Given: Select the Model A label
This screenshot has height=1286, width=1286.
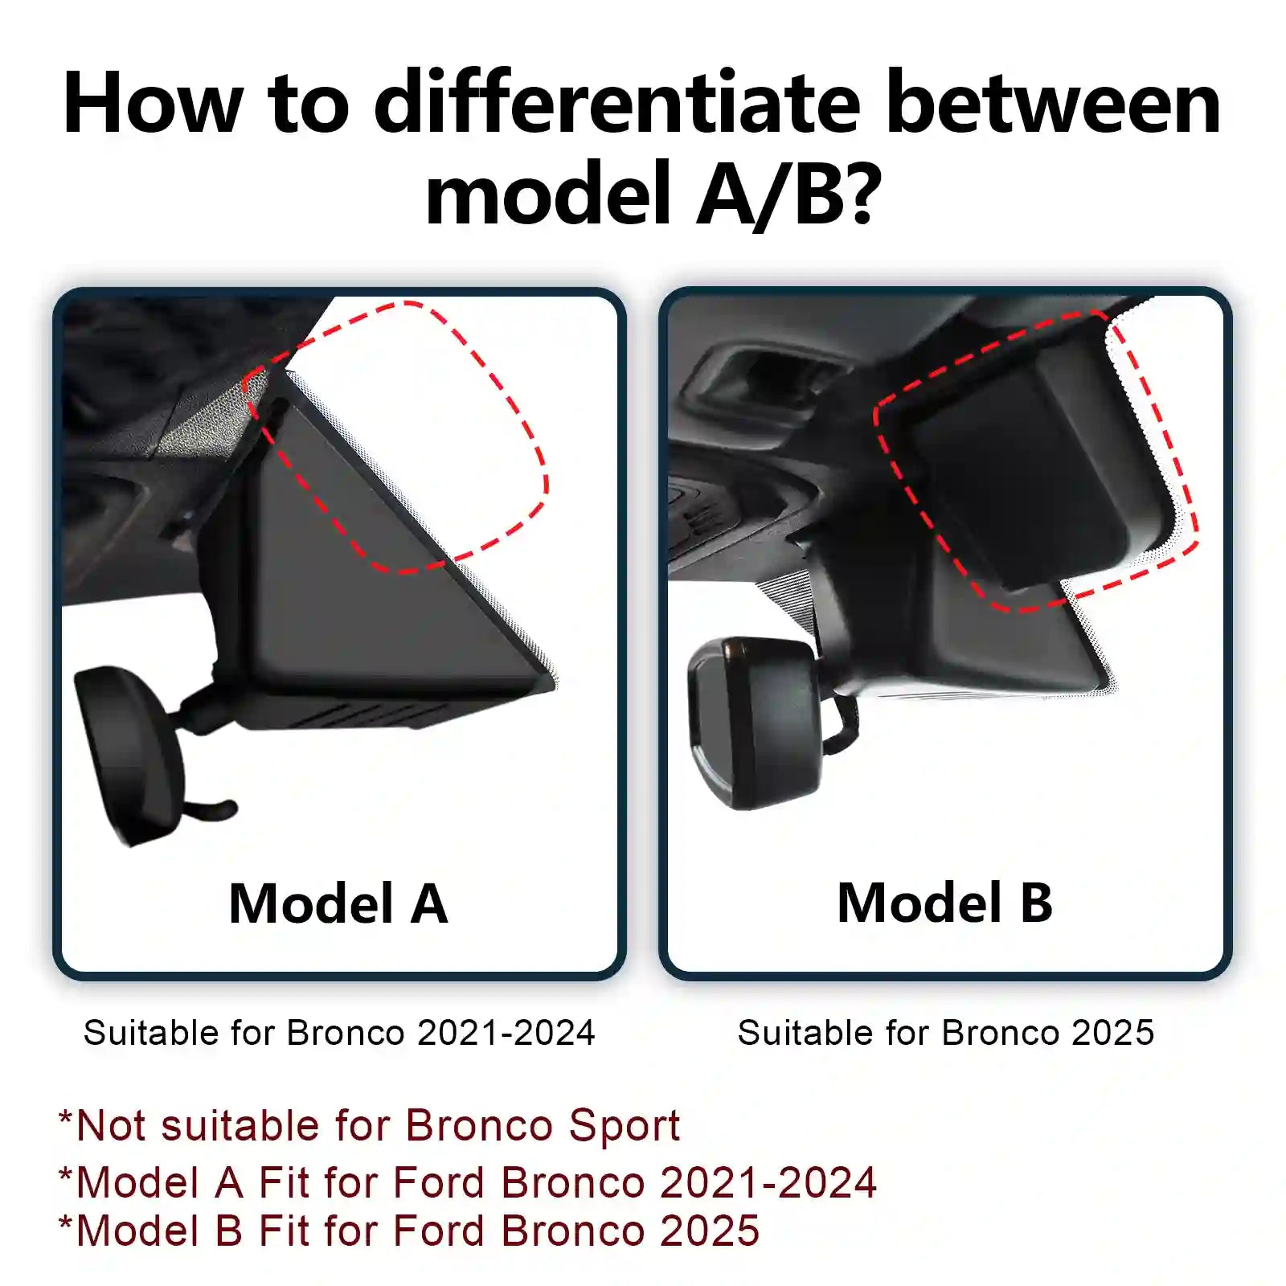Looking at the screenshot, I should click(338, 903).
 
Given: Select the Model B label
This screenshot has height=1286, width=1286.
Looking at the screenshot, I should click(944, 903).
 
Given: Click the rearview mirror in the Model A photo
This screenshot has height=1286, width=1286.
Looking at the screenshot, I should click(129, 752).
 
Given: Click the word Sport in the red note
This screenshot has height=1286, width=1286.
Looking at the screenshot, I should click(624, 1125).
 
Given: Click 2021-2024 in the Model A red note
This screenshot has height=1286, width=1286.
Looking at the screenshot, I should click(768, 1182).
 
